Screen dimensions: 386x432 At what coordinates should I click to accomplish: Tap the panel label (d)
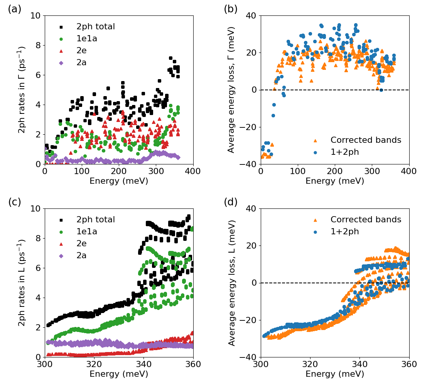pos(231,202)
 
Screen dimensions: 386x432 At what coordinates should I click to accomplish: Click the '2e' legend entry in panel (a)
pos(81,51)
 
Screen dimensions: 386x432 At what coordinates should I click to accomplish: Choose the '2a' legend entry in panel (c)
pos(81,256)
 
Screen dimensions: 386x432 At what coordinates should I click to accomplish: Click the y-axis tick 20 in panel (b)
pos(252,53)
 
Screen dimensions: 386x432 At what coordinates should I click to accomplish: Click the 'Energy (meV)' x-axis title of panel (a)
pos(119,181)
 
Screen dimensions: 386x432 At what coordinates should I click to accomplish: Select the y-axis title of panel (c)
pos(22,283)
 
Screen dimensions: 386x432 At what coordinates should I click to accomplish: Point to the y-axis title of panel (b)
pos(231,90)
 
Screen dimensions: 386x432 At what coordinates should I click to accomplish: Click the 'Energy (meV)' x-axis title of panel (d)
pos(335,374)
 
